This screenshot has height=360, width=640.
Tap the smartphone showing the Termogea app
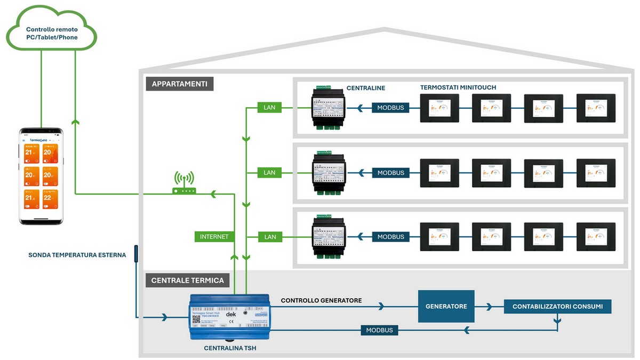click(x=42, y=176)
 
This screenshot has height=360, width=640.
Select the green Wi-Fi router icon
click(x=184, y=184)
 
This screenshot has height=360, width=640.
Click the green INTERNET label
click(x=214, y=236)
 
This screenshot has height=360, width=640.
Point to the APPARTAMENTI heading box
click(x=180, y=84)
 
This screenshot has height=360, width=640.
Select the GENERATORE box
click(x=446, y=306)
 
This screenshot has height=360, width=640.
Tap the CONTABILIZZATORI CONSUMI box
click(x=557, y=306)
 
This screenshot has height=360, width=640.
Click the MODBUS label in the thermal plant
click(x=379, y=330)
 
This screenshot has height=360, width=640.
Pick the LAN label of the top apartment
click(x=270, y=108)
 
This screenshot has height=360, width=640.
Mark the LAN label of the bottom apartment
click(x=270, y=236)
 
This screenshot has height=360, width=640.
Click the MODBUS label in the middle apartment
click(x=390, y=173)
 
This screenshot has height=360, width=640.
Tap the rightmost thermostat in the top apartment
click(x=596, y=108)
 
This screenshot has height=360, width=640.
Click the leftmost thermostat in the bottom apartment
click(x=439, y=237)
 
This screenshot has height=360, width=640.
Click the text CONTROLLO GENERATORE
click(x=322, y=301)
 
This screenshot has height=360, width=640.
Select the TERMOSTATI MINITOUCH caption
click(x=458, y=87)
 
